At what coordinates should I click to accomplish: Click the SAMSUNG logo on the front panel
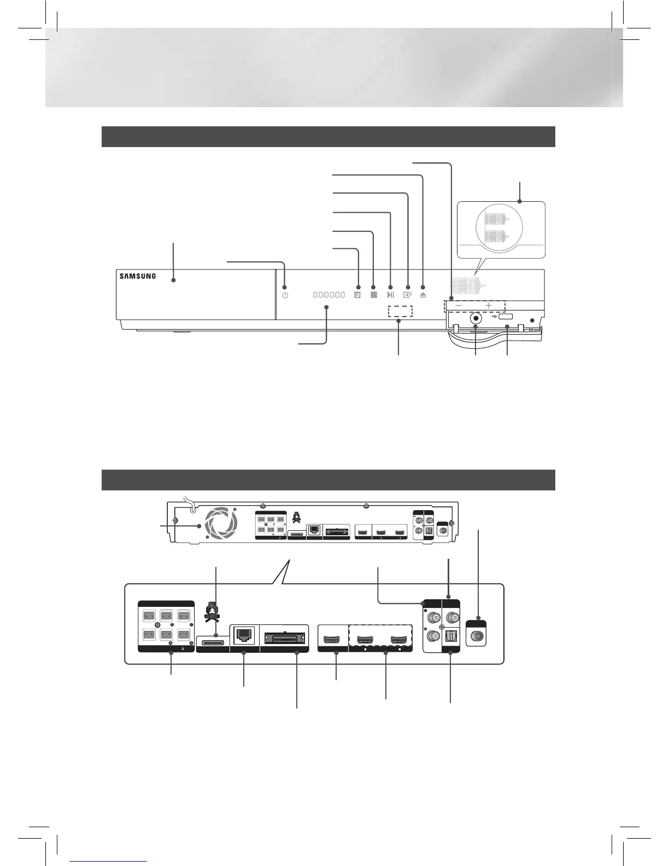tap(138, 276)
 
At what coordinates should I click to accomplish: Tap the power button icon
tap(285, 295)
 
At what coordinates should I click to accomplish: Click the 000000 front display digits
tap(329, 295)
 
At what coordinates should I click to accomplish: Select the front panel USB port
tap(505, 317)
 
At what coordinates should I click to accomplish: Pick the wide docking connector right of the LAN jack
tap(284, 638)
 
